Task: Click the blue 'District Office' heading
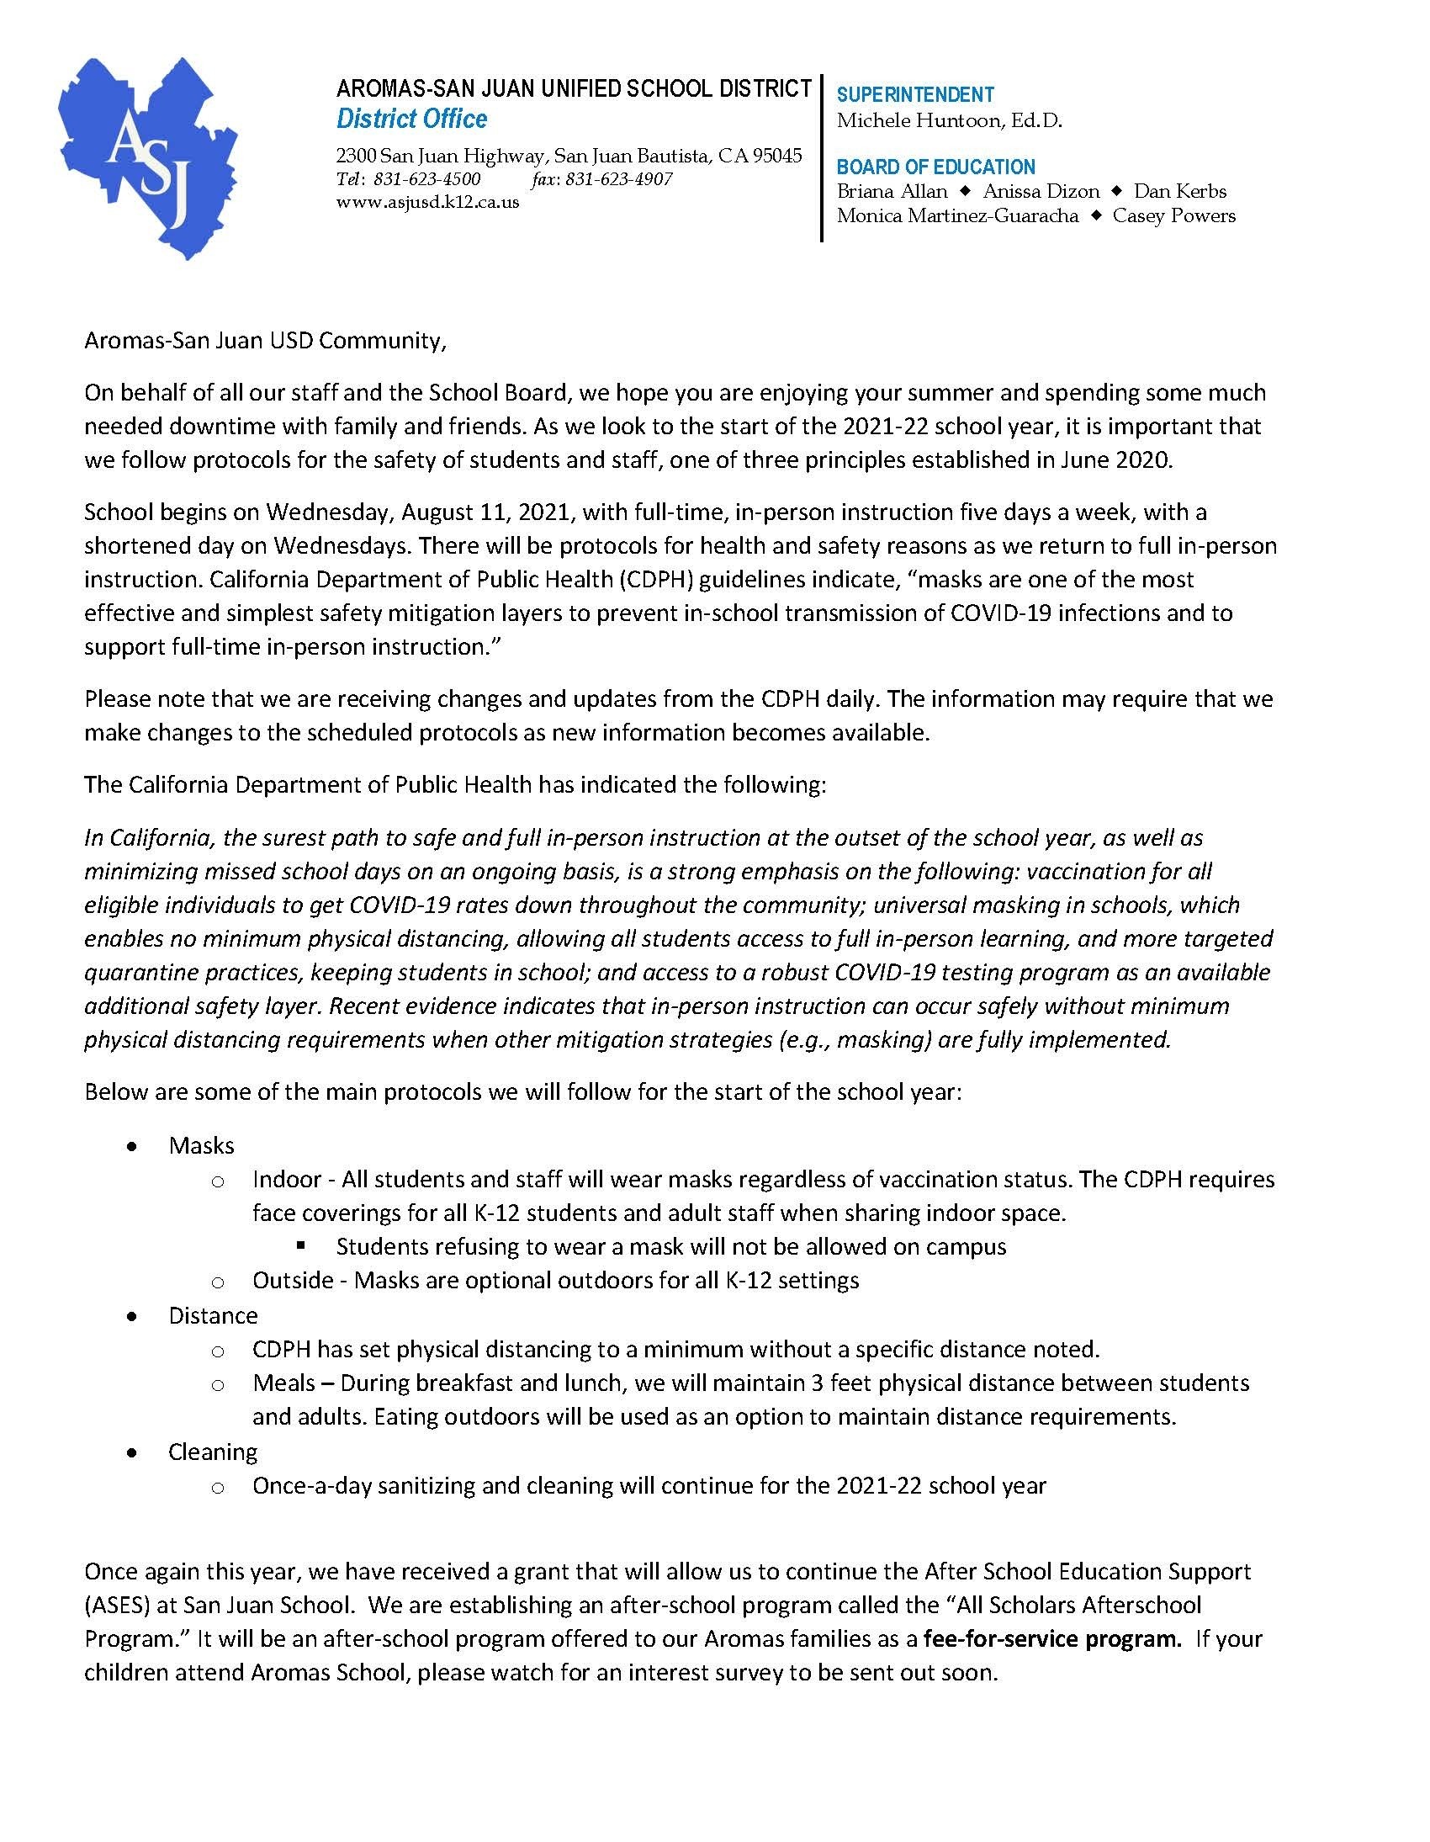pyautogui.click(x=411, y=119)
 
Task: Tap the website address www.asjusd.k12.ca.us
pyautogui.click(x=427, y=203)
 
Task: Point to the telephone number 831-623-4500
pyautogui.click(x=426, y=179)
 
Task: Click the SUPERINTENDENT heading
pyautogui.click(x=916, y=94)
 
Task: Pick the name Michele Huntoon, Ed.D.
pyautogui.click(x=950, y=120)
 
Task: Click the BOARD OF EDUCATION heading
pyautogui.click(x=936, y=167)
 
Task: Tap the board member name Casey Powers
pyautogui.click(x=1173, y=216)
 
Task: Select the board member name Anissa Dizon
pyautogui.click(x=1041, y=192)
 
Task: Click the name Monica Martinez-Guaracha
pyautogui.click(x=958, y=216)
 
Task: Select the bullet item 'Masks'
pyautogui.click(x=202, y=1145)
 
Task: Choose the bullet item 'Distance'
pyautogui.click(x=213, y=1316)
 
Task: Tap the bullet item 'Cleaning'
pyautogui.click(x=213, y=1452)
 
